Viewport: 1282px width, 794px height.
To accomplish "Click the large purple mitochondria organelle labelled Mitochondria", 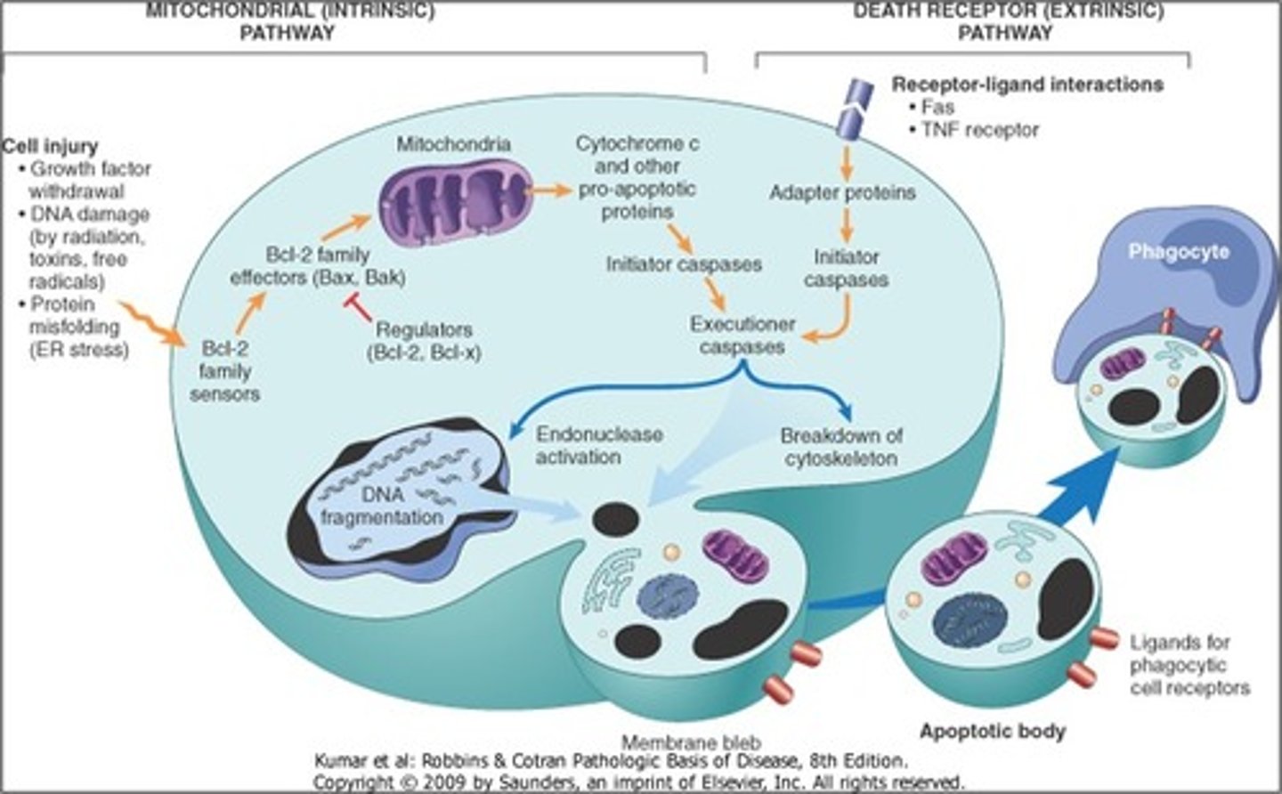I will tap(454, 201).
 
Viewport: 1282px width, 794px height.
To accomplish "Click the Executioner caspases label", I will tap(742, 336).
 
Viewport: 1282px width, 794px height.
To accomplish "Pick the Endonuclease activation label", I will tap(599, 445).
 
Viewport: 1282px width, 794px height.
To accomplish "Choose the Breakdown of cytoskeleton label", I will tap(840, 447).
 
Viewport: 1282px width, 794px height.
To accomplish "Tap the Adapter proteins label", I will tap(841, 192).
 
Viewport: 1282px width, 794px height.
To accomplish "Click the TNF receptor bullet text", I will tap(979, 130).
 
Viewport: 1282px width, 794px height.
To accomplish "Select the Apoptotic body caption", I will tap(992, 732).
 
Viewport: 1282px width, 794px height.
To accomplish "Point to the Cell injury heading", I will tap(50, 146).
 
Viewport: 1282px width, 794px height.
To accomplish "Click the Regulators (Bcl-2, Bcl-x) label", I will tap(424, 341).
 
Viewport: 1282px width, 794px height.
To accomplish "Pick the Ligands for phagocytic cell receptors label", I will tap(1189, 665).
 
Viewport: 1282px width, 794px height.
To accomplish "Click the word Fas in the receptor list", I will tap(938, 107).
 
